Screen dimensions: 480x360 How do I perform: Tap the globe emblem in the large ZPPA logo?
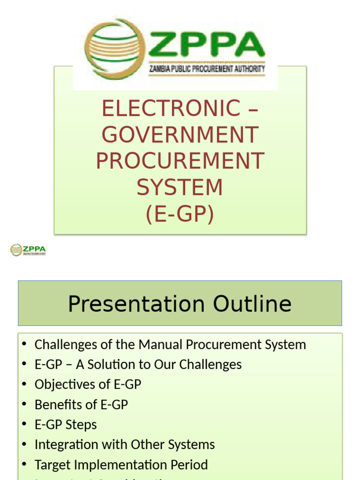115,49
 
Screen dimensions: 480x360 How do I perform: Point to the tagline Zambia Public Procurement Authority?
207,69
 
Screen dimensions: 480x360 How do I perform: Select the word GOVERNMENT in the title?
180,135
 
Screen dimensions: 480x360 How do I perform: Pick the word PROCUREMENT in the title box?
180,161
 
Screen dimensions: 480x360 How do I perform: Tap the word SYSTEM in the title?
180,187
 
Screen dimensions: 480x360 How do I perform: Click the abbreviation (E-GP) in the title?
180,214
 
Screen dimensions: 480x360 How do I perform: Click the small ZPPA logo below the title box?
28,250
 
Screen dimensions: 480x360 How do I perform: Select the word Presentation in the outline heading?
137,304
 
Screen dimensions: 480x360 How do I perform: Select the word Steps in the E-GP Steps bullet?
81,425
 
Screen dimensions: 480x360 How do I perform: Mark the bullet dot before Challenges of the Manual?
24,345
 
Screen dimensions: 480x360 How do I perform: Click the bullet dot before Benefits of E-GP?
24,405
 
